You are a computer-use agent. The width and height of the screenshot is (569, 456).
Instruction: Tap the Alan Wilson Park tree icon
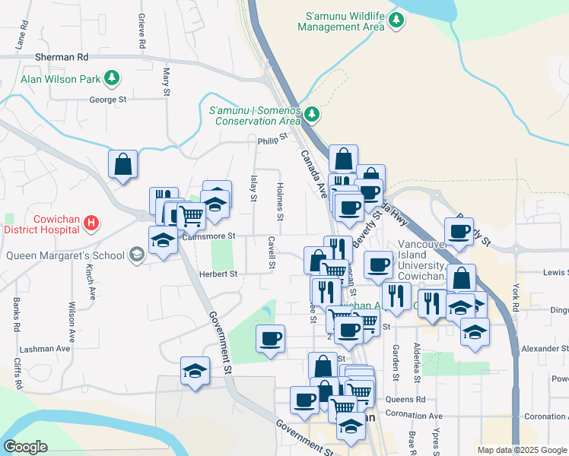coord(112,78)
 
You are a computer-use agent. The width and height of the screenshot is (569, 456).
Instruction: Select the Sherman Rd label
coord(62,57)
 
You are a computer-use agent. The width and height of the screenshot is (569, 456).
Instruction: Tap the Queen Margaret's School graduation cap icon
coord(136,255)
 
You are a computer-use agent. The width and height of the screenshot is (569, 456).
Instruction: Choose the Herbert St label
coord(218,274)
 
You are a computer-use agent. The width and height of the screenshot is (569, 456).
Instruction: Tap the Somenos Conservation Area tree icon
coord(311,115)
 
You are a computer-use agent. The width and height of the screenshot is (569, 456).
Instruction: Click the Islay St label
coord(253,188)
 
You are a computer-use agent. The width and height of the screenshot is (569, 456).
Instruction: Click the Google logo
coord(25,447)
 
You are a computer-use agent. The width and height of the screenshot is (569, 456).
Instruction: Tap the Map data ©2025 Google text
coord(521,450)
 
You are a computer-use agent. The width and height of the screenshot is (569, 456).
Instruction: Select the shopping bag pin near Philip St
coord(122,164)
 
